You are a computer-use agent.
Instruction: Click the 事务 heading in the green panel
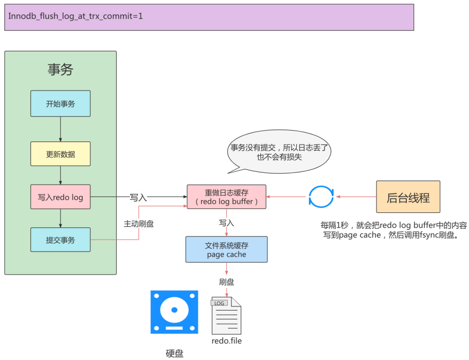tap(60, 70)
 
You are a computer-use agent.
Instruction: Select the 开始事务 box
tap(60, 103)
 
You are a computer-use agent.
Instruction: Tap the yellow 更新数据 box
tap(60, 154)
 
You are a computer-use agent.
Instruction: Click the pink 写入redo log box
tap(60, 197)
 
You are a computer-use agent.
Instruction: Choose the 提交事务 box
tap(60, 240)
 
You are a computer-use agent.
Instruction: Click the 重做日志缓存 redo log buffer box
tap(226, 197)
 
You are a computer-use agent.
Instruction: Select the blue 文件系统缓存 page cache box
tap(226, 249)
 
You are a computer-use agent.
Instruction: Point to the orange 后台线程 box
tap(408, 197)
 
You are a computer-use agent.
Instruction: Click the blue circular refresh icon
tap(321, 197)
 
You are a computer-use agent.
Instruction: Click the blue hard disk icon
tap(174, 312)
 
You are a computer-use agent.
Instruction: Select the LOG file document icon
tap(226, 315)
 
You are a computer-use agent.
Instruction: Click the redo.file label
tap(226, 340)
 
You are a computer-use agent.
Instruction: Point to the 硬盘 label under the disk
tap(174, 353)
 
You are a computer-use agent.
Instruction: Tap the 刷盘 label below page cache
tap(226, 282)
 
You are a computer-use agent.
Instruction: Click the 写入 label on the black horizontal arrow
tap(138, 197)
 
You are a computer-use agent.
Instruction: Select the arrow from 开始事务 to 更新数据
tap(61, 129)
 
